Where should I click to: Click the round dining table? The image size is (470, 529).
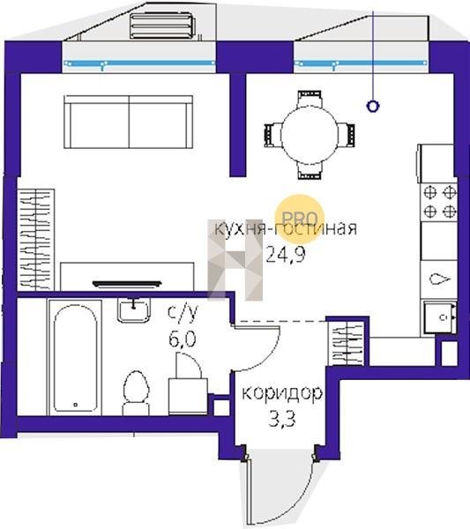click(309, 135)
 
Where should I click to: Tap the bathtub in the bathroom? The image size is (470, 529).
click(75, 358)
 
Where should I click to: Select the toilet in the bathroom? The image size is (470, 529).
click(136, 393)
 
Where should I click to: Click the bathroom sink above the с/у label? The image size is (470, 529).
click(134, 310)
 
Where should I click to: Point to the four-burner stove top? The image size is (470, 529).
click(439, 202)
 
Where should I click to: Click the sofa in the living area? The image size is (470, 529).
click(129, 122)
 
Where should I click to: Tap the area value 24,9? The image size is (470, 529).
click(286, 254)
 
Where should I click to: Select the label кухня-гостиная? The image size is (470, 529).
click(286, 228)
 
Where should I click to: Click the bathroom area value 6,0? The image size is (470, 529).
click(183, 339)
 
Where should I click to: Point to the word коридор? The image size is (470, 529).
click(282, 393)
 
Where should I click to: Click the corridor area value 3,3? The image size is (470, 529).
click(282, 420)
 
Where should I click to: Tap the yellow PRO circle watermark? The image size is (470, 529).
click(300, 219)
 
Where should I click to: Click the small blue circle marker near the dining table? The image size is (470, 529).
click(372, 107)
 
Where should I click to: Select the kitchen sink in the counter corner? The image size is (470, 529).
click(440, 317)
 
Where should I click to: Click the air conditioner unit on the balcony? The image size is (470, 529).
click(162, 26)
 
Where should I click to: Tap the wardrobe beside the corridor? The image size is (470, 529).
click(347, 344)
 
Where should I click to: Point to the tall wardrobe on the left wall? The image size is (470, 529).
click(36, 240)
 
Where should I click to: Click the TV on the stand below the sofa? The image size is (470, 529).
click(127, 284)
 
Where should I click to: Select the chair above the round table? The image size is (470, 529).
click(310, 99)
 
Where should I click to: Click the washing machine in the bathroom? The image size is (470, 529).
click(188, 396)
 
